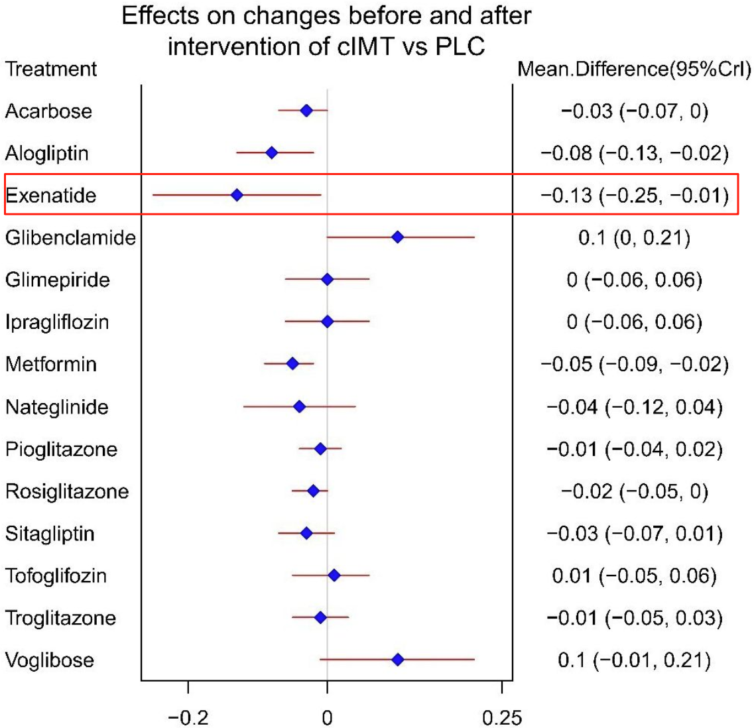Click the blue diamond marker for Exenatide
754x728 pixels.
point(237,195)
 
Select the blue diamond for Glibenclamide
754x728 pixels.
point(397,237)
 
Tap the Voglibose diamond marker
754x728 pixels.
point(397,660)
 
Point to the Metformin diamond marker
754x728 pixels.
point(292,363)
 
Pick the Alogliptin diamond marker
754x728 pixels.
point(271,152)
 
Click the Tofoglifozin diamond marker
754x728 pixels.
point(334,576)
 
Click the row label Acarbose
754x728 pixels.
point(48,111)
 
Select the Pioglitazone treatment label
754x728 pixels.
point(61,450)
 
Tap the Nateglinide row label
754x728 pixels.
point(56,407)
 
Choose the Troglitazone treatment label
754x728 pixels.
point(60,618)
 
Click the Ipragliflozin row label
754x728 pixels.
point(57,322)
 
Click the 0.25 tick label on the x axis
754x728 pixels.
point(501,717)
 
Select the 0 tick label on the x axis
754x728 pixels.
point(327,717)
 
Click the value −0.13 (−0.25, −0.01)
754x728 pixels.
point(634,196)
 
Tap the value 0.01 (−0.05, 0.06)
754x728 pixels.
point(634,576)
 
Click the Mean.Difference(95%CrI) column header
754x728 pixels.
point(634,69)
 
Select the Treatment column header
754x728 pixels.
point(51,69)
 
